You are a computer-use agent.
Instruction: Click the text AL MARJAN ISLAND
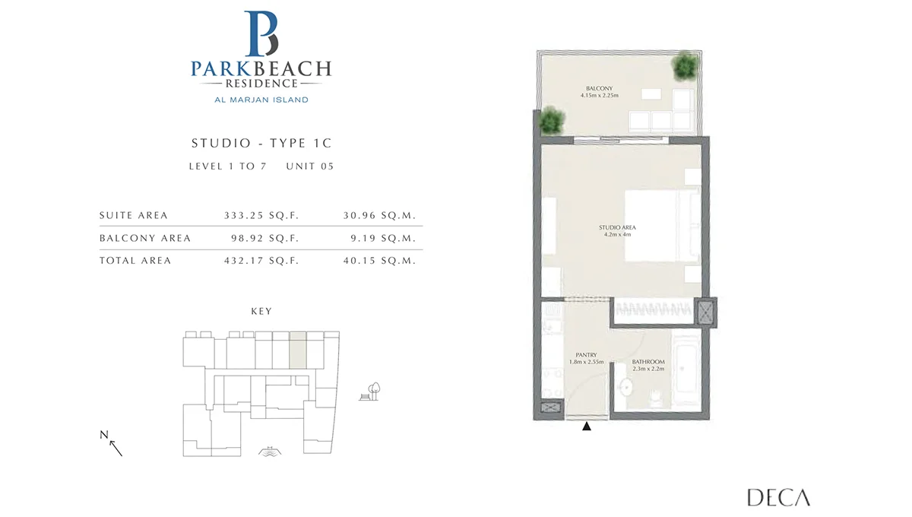click(261, 100)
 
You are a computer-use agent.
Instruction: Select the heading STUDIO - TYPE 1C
click(261, 143)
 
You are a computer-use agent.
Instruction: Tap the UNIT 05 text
click(310, 167)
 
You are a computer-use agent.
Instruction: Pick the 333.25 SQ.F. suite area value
click(261, 215)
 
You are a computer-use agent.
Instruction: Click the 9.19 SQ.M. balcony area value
click(383, 238)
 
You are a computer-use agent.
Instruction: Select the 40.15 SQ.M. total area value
click(379, 260)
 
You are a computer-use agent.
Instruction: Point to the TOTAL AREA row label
click(135, 260)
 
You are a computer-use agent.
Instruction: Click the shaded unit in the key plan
click(298, 350)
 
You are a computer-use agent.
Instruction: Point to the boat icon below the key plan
click(270, 452)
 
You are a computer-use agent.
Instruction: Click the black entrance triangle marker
click(586, 427)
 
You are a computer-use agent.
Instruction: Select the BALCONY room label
click(600, 88)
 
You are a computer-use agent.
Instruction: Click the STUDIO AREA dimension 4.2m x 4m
click(618, 235)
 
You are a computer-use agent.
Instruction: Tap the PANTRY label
click(586, 355)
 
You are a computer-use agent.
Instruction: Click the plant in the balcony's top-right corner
click(686, 66)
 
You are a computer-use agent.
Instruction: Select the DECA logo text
click(778, 497)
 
